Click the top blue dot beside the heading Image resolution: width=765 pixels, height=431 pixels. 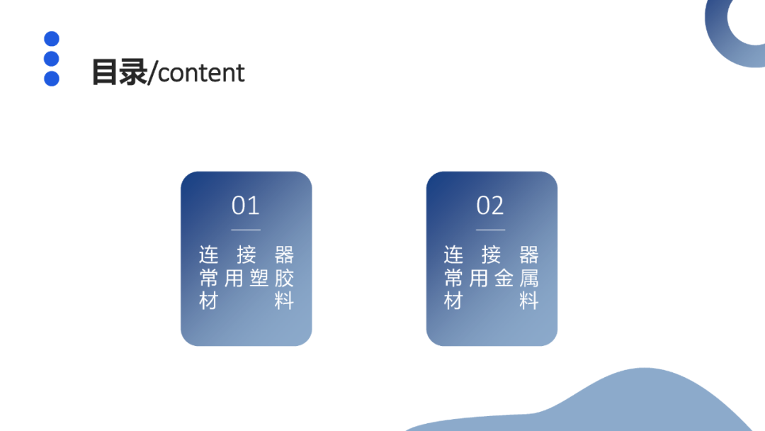pos(52,39)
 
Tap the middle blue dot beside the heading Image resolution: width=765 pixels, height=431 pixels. pos(52,59)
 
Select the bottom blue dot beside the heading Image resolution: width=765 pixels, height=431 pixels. pos(52,79)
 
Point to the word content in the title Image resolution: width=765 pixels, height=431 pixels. pos(201,72)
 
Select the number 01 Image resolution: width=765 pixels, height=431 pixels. pos(246,206)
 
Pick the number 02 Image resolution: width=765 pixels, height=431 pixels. pos(490,206)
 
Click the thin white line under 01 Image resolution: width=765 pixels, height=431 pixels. pos(246,230)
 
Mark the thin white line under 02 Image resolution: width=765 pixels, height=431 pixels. pos(490,230)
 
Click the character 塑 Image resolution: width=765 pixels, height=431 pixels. pos(259,278)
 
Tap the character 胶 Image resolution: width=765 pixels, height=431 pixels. pos(284,278)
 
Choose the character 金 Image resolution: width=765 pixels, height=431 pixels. pos(504,278)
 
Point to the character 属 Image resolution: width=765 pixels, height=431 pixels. pos(529,278)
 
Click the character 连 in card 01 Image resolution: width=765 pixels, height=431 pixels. pos(208,254)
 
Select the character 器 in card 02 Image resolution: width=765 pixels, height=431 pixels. pos(529,254)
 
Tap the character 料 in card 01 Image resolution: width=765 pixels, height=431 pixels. pos(284,301)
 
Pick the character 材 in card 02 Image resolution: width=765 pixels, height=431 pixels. pos(453,301)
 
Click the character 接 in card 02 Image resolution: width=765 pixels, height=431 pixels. pos(491,254)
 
